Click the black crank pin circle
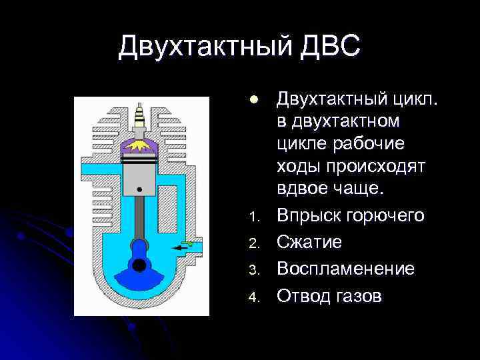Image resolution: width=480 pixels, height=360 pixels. pyautogui.click(x=139, y=265)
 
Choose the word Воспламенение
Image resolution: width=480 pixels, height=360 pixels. pyautogui.click(x=345, y=269)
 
